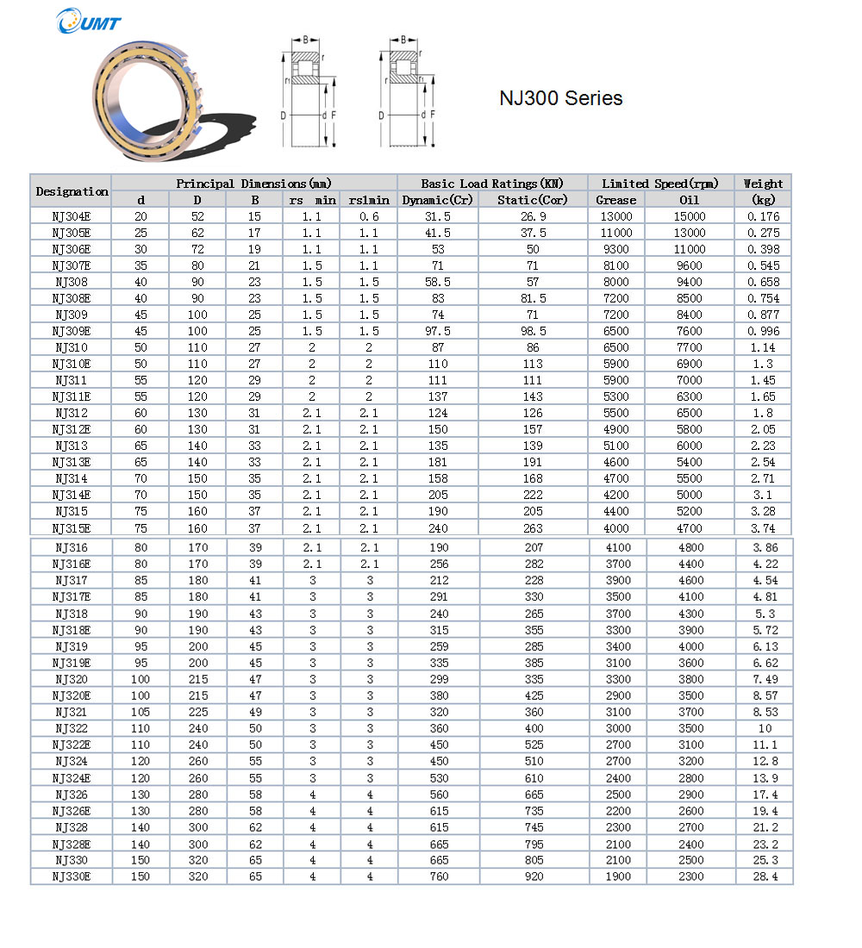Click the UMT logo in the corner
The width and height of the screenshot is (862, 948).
coord(89,22)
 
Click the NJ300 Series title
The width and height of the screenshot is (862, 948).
coord(560,98)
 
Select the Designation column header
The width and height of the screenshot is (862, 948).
coord(72,191)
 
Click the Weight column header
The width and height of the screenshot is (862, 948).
coord(763,184)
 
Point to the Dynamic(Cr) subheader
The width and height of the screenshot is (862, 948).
coord(438,200)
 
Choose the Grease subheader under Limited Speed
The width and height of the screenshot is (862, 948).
coord(615,200)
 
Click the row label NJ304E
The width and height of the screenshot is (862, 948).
coord(72,216)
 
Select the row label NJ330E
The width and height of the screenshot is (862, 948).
coord(72,876)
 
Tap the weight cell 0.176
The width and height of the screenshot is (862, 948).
coord(763,216)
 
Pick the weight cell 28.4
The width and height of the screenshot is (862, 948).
coord(763,876)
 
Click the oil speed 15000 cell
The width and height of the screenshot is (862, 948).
coord(690,216)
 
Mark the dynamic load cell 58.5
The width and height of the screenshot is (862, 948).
coord(438,282)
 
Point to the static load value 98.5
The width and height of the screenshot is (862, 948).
coord(533,331)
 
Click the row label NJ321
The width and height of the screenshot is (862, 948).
coord(72,712)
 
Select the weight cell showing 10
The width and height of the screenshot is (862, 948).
coord(763,728)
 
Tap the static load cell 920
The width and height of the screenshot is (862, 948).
coord(533,876)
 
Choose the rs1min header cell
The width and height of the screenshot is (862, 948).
coord(369,200)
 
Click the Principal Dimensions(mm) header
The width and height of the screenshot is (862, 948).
coord(253,184)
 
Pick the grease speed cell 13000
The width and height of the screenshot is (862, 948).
coord(615,216)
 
